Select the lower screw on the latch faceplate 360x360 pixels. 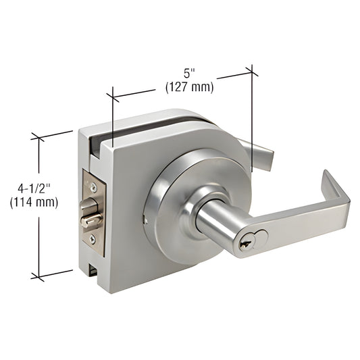93,238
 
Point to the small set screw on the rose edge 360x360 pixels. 145,219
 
